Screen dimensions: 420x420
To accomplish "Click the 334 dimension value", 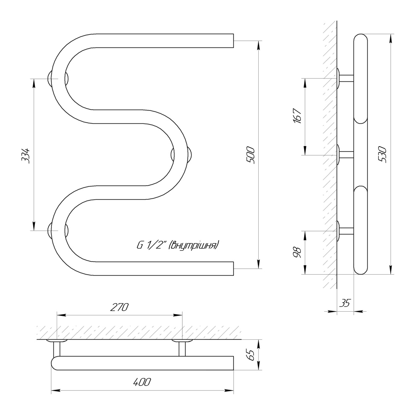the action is pyautogui.click(x=26, y=155).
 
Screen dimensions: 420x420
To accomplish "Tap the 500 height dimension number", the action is pyautogui.click(x=251, y=155).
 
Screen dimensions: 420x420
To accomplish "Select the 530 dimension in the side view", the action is pyautogui.click(x=383, y=155).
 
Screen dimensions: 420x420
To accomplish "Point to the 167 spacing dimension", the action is pyautogui.click(x=297, y=116).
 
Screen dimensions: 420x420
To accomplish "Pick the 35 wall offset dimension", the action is pyautogui.click(x=345, y=303).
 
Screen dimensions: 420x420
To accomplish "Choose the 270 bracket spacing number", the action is pyautogui.click(x=119, y=307).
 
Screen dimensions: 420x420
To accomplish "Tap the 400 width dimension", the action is pyautogui.click(x=142, y=382).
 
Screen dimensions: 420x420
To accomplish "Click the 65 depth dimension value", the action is pyautogui.click(x=251, y=355).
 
